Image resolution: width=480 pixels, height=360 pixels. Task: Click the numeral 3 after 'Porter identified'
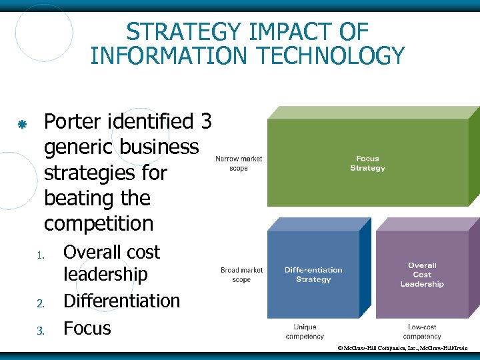tap(205, 121)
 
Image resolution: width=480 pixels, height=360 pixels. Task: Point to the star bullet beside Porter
tap(22, 124)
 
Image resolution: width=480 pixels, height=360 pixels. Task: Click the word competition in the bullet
tap(98, 223)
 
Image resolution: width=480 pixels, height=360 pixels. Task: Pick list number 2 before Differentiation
tap(41, 304)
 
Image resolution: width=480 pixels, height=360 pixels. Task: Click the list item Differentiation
tap(121, 301)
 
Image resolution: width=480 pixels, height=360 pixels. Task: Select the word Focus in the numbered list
tap(87, 328)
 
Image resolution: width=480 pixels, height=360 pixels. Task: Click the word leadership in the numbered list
tap(105, 274)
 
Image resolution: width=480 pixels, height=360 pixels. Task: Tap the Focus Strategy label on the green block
tap(367, 163)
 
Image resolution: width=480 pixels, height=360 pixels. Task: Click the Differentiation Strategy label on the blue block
tap(313, 275)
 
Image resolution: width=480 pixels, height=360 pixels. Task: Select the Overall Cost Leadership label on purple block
tap(422, 275)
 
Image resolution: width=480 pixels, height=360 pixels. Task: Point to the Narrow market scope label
tap(239, 163)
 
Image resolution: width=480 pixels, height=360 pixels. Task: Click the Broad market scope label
tap(241, 275)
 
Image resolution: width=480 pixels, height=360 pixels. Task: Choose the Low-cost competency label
tap(422, 332)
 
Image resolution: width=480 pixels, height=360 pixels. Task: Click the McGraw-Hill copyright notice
tap(403, 348)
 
